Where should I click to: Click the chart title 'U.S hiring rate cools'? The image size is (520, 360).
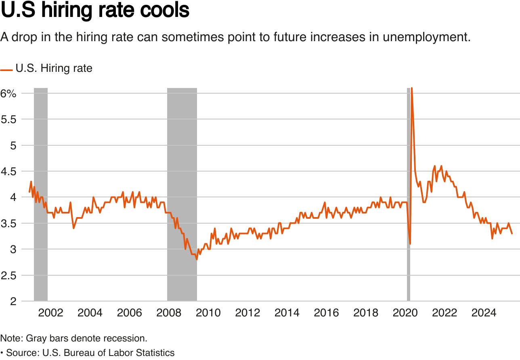[95, 10]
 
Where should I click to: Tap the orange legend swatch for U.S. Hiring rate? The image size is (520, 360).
[6, 69]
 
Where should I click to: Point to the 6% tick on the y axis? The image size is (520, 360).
[8, 93]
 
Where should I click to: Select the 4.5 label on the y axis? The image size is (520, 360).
[8, 171]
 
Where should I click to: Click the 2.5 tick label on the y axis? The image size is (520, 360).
[8, 275]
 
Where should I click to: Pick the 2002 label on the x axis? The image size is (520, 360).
[50, 313]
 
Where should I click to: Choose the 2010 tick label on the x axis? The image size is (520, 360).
[208, 313]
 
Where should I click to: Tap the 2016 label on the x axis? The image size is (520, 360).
[327, 313]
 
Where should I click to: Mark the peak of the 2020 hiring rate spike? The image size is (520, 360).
[411, 88]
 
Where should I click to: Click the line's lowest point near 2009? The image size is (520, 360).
[197, 259]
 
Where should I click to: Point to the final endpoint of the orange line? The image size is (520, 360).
[512, 233]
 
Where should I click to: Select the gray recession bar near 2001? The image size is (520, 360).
[41, 194]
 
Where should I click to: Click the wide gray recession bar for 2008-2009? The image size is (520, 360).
[182, 194]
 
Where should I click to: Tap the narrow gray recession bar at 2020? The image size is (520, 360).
[408, 194]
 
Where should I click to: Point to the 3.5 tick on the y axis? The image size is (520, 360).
[8, 223]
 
